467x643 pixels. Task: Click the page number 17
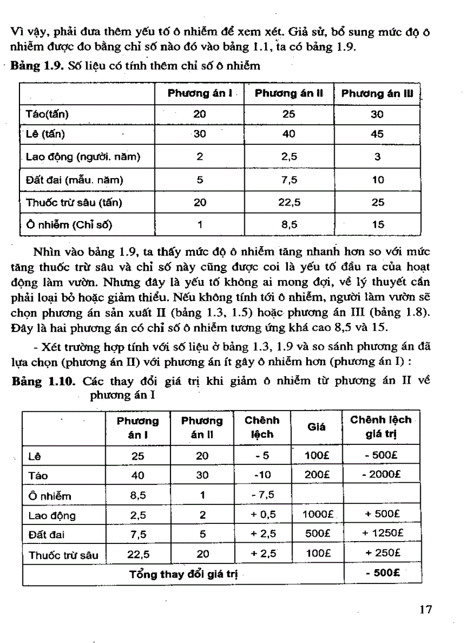coord(424,609)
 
